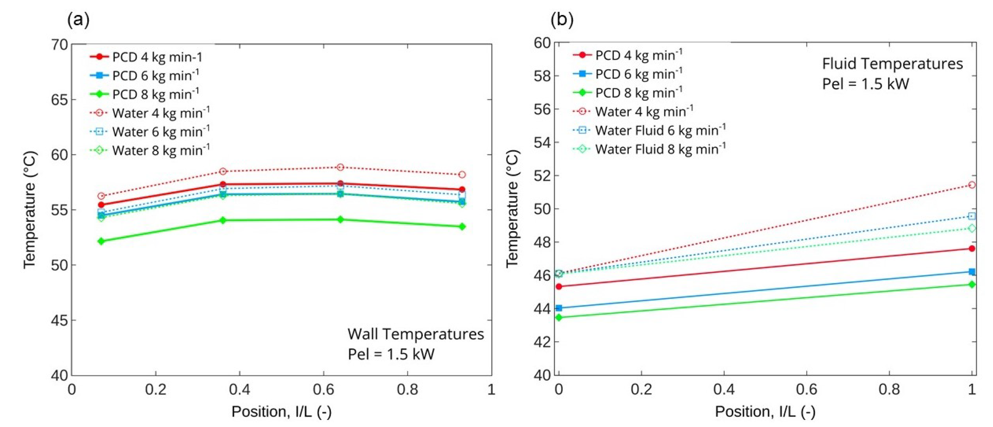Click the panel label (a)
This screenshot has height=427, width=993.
pos(78,19)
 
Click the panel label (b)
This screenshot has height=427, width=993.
pos(562,19)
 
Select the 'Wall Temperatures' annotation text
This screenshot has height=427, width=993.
pos(415,334)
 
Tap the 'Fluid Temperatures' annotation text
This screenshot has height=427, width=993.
pos(892,64)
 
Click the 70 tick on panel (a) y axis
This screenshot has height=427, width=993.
pos(59,45)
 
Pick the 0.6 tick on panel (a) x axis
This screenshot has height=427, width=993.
pos(323,390)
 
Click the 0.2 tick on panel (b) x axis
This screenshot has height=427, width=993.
pos(641,390)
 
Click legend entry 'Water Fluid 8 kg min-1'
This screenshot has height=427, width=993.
pos(660,149)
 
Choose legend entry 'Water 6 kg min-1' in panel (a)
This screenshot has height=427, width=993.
pos(161,131)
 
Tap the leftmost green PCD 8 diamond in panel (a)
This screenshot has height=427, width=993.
pos(101,241)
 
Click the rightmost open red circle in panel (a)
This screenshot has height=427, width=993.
pos(462,175)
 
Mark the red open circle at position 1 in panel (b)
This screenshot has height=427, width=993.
pos(972,185)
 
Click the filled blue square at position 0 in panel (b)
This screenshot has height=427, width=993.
pos(559,308)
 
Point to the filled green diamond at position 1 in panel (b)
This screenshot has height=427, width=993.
pos(972,284)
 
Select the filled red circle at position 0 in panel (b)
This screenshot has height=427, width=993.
pos(559,286)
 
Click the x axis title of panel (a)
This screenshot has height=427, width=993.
pos(281,411)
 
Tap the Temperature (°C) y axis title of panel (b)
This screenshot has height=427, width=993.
pos(512,209)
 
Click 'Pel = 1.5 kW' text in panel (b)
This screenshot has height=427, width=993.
pos(865,84)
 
